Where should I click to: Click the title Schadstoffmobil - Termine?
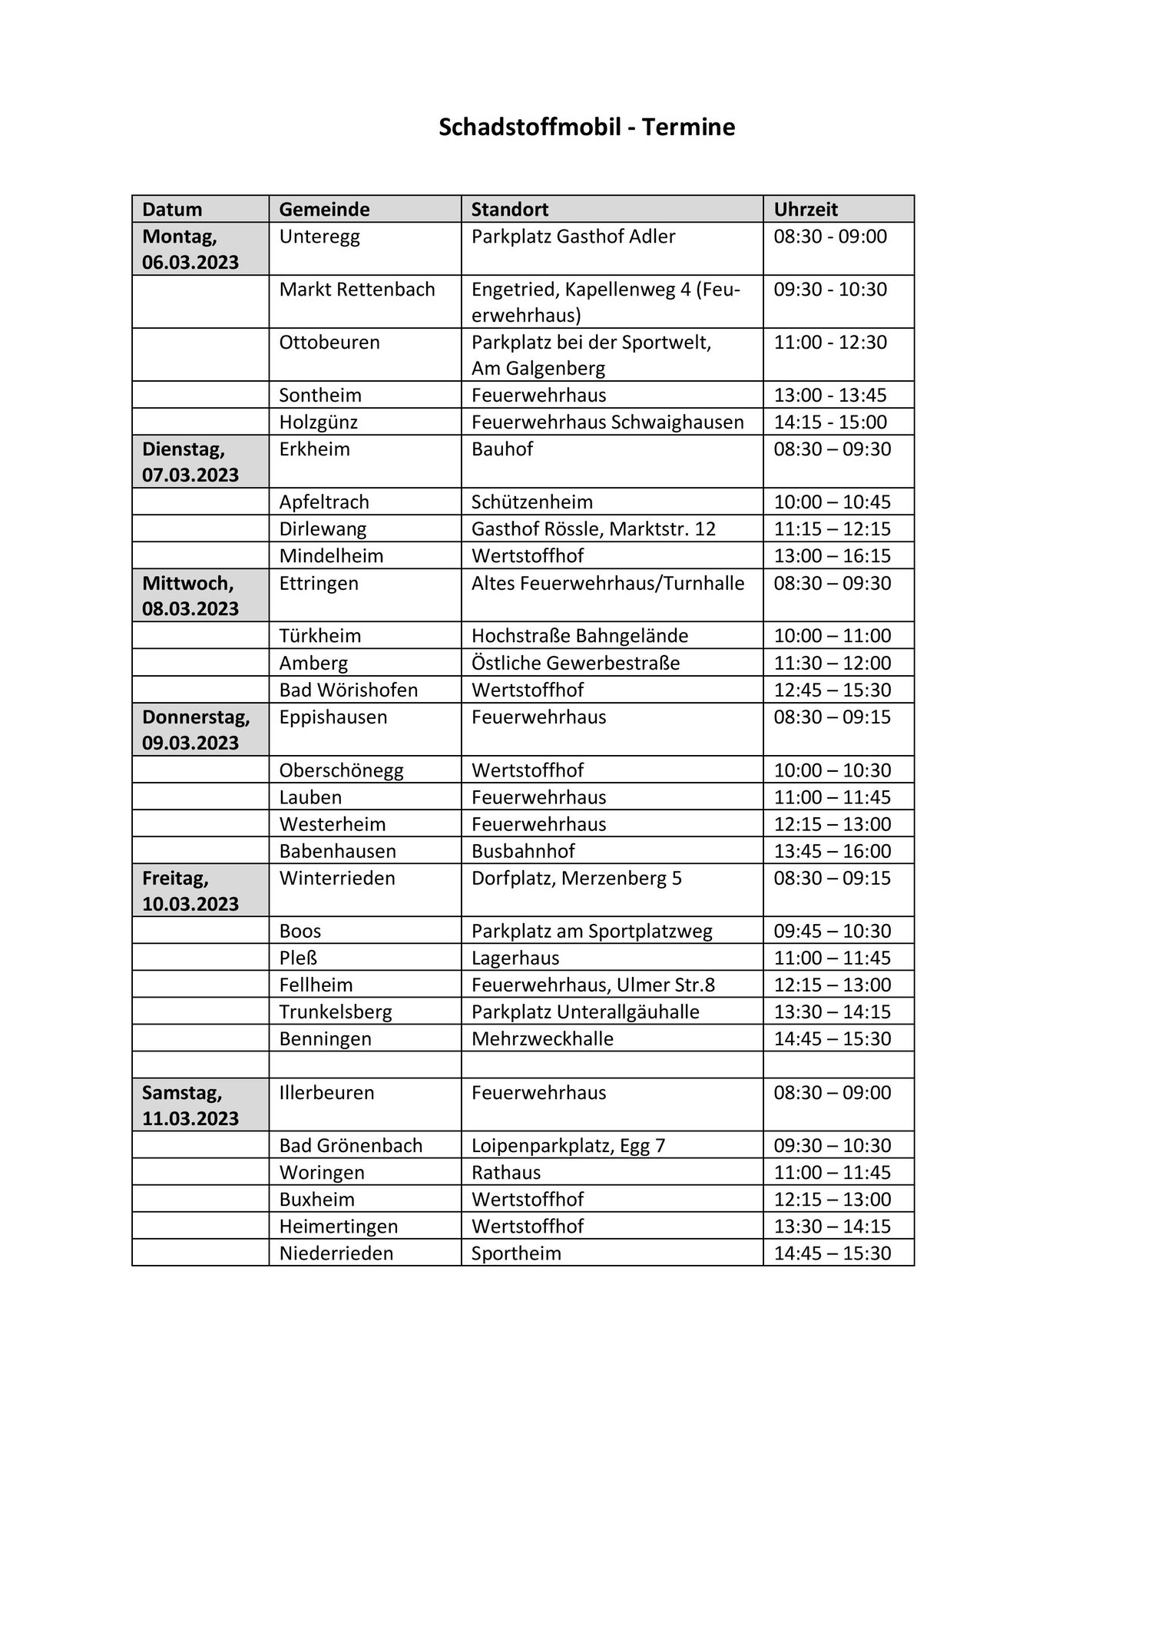pos(587,127)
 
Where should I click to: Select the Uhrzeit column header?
pos(805,209)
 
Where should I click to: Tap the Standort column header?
pos(509,209)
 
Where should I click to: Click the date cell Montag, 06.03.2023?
pos(190,249)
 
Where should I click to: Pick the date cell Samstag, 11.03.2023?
pos(190,1104)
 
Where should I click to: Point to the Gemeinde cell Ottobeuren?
pos(329,342)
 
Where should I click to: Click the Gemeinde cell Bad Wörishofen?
pos(348,690)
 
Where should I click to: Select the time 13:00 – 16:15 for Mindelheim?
pos(832,555)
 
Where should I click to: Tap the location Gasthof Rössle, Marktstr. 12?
pos(593,528)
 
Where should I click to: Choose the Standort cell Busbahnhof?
pos(523,851)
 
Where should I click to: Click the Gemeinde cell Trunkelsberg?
pos(336,1012)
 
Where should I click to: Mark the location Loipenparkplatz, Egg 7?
pos(568,1145)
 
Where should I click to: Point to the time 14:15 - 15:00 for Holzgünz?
pos(829,422)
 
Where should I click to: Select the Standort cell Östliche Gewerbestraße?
pos(575,663)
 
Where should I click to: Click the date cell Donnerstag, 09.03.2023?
pos(196,730)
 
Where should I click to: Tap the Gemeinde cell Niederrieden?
pos(336,1253)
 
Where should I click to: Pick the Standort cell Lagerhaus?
pos(515,958)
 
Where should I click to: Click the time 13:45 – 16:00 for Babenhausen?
pos(832,851)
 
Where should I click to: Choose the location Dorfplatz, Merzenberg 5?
pos(576,878)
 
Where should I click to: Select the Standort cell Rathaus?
pos(505,1172)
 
